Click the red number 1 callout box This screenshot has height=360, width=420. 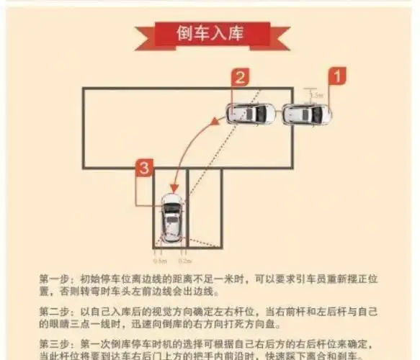click(x=337, y=74)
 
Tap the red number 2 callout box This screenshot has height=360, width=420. click(x=241, y=76)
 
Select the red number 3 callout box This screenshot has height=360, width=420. click(x=144, y=168)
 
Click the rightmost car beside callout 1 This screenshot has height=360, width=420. click(x=307, y=114)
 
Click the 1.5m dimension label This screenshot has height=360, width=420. click(x=317, y=94)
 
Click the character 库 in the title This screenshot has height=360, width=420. click(x=238, y=34)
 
